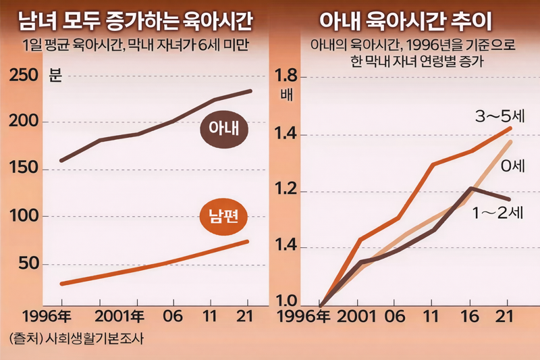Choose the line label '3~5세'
pos(500,116)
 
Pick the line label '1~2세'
pos(498,213)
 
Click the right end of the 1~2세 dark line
pos(508,199)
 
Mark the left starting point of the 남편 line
pos(61,284)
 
